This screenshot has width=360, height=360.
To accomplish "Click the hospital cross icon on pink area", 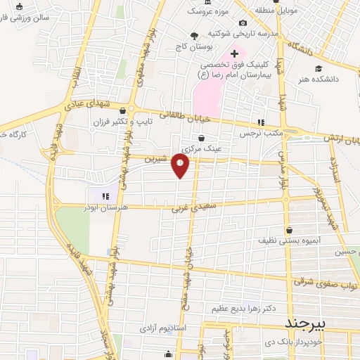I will [x=234, y=54].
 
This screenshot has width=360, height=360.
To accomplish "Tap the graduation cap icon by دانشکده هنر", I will [x=319, y=68].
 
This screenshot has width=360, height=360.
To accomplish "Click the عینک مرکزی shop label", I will [x=202, y=149].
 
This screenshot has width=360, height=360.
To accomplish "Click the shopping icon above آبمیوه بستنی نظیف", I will [x=289, y=229].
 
